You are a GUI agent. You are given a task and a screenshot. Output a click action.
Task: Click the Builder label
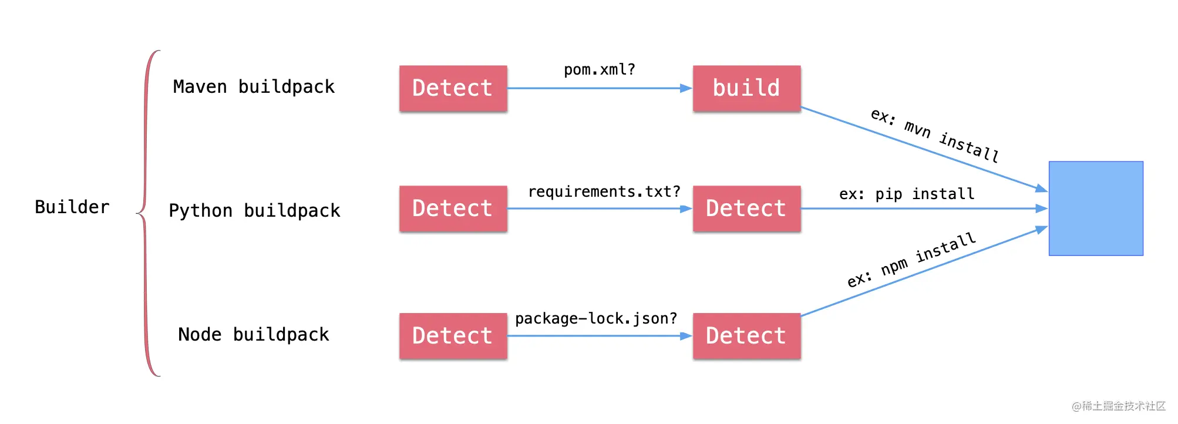72,207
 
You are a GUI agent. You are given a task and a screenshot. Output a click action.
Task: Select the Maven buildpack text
254,87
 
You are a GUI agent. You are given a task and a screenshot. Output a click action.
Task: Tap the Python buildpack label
254,210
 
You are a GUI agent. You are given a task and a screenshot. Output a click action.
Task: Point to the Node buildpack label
254,334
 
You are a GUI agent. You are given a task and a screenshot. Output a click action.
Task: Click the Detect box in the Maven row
453,88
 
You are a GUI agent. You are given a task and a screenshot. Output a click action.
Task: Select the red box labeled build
747,88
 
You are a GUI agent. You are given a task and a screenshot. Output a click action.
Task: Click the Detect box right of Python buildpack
453,208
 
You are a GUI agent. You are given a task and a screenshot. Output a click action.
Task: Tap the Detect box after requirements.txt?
747,208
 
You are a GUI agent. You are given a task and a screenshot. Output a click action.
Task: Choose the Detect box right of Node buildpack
453,336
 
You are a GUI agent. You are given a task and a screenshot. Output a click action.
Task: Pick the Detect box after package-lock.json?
747,336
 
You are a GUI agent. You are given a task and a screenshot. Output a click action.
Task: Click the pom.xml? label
600,70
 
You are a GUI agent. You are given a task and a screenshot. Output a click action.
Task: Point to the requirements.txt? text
604,191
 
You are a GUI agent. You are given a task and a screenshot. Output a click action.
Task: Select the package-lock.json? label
596,318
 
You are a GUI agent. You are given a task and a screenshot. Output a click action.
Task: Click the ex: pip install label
907,194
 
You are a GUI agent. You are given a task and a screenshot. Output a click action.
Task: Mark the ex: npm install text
911,260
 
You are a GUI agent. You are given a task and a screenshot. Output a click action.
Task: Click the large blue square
1096,208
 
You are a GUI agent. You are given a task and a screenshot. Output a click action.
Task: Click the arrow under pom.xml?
600,88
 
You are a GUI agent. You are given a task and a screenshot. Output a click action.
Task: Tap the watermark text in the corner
1118,406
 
